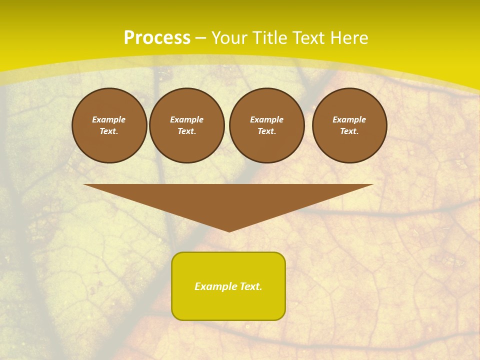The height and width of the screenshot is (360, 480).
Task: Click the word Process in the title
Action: point(157,38)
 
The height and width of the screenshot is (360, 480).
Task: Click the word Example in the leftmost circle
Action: point(109,119)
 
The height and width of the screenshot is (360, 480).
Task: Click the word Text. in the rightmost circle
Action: point(349,131)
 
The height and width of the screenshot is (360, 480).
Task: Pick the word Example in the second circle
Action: point(187,119)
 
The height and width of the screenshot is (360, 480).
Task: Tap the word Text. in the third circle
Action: point(267,131)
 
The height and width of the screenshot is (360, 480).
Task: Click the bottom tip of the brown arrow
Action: point(229,230)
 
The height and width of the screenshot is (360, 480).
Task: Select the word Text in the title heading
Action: point(308,38)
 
